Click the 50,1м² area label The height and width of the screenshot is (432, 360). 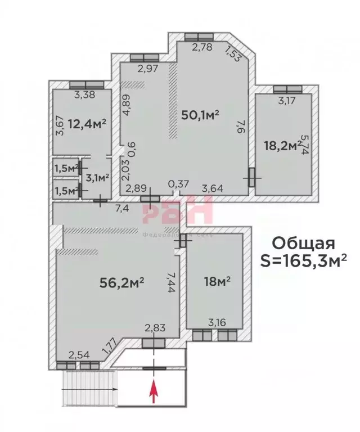(x=200, y=115)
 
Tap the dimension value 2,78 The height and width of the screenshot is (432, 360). (x=202, y=47)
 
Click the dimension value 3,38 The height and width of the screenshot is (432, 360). (x=85, y=94)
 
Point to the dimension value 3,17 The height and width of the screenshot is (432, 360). (x=287, y=101)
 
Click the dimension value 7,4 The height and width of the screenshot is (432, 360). (x=123, y=209)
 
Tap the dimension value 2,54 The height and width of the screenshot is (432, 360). (x=78, y=354)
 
